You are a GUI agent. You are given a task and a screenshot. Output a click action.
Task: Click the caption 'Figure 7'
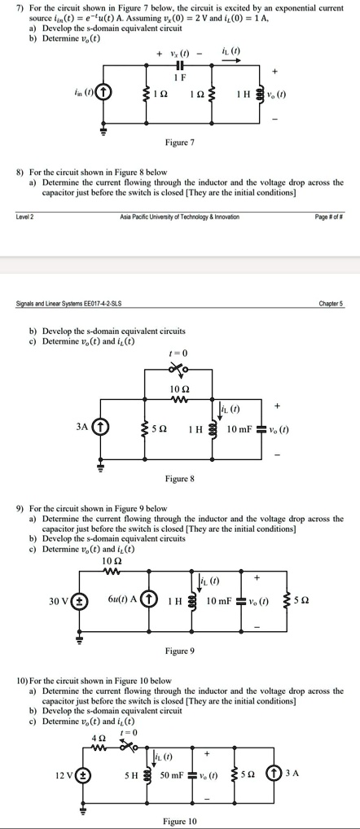click(180, 143)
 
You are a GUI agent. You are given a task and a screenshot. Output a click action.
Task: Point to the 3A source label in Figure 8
click(81, 426)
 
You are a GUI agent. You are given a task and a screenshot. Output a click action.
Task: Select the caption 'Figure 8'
click(180, 479)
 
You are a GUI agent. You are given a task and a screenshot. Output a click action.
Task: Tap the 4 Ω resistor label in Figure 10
click(98, 738)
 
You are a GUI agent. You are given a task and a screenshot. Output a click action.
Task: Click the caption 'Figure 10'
click(180, 822)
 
